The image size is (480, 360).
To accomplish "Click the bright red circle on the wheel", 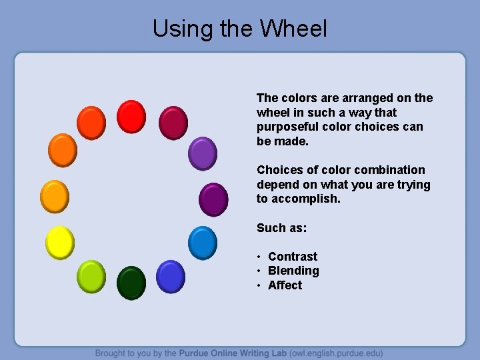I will (131, 117).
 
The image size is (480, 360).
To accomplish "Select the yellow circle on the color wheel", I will (59, 242).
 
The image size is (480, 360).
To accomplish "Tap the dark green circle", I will (131, 283).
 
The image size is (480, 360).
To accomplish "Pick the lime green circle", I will (91, 276).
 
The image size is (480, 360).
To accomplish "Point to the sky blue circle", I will (203, 243).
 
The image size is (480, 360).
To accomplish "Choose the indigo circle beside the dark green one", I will (171, 276).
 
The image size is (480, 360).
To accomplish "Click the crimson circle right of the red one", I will (173, 123).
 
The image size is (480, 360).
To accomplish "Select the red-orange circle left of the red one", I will (91, 123).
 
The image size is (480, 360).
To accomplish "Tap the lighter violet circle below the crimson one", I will (203, 154).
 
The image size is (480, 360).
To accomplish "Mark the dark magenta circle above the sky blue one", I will (213, 199).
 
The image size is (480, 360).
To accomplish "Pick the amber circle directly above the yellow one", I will (55, 196).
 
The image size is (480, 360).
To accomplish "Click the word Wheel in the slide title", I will (293, 29).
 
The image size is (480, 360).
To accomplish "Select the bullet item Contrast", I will (293, 257).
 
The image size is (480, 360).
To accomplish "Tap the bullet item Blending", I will (293, 271).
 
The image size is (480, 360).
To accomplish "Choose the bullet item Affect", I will (285, 285).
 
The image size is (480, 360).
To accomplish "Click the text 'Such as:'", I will (281, 228).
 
